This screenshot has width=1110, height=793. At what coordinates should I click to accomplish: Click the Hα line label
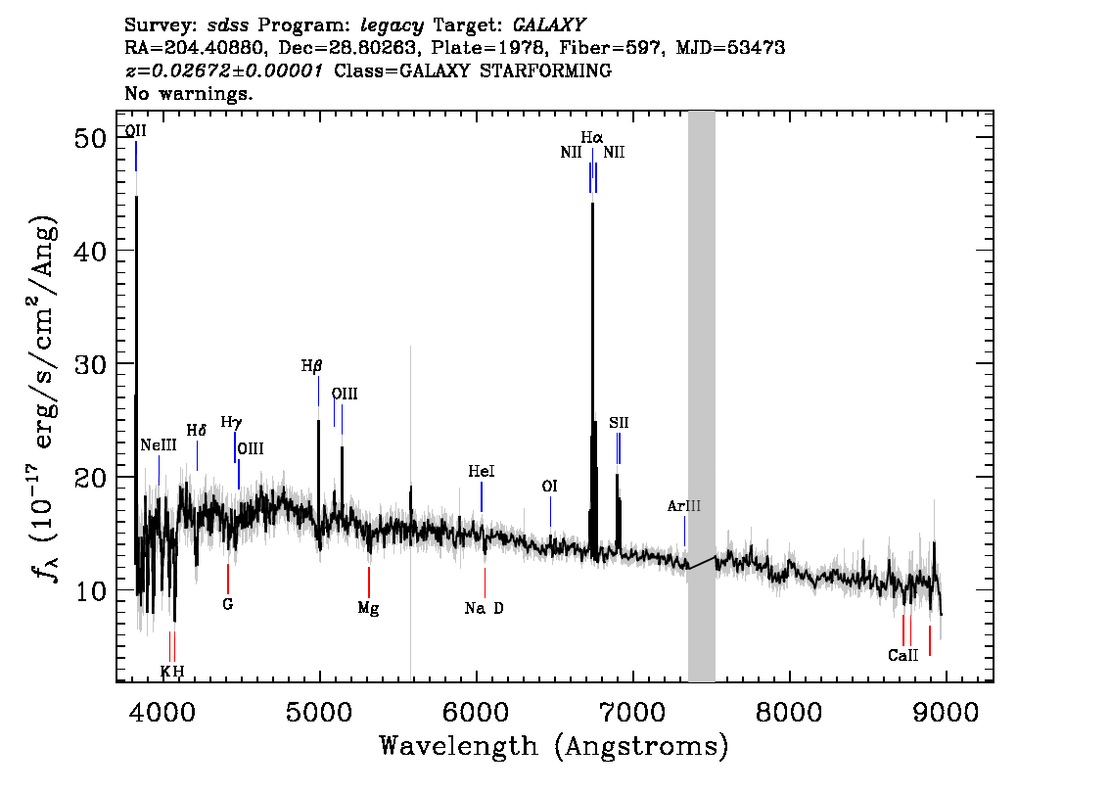coord(592,137)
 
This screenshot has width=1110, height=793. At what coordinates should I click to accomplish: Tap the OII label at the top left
coord(136,131)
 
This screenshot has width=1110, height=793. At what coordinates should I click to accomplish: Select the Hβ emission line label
coord(311,366)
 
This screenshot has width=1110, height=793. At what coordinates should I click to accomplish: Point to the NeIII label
coord(159,444)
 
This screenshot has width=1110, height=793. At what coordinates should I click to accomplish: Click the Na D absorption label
coord(485,608)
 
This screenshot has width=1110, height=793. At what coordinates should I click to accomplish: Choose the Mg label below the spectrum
coord(368,608)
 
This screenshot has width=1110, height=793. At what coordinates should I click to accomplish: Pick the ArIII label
coord(684,506)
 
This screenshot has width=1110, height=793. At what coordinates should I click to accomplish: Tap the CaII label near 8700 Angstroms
coord(903,656)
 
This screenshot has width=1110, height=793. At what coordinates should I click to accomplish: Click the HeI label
coord(482,472)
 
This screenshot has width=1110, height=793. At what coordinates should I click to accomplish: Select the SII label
coord(619,423)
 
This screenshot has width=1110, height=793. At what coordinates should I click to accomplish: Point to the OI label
coord(549,487)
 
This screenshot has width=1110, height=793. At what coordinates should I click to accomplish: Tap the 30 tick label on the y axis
coord(90,364)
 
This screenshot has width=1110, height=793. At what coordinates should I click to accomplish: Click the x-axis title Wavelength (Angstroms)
coord(554,746)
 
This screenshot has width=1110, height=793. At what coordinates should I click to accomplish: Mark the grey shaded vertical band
coord(702,396)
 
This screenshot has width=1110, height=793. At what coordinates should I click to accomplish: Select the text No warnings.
coord(188,93)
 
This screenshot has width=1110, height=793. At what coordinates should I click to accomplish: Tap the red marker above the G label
coord(227,580)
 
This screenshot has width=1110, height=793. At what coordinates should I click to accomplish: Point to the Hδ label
coord(196,431)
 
